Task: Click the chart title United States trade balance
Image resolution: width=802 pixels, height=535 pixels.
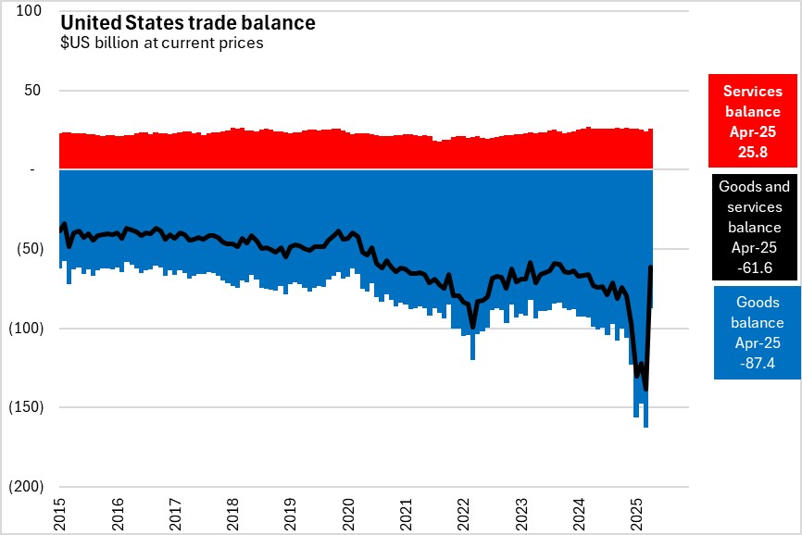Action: (188, 22)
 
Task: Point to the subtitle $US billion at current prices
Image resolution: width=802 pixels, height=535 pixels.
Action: (162, 43)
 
